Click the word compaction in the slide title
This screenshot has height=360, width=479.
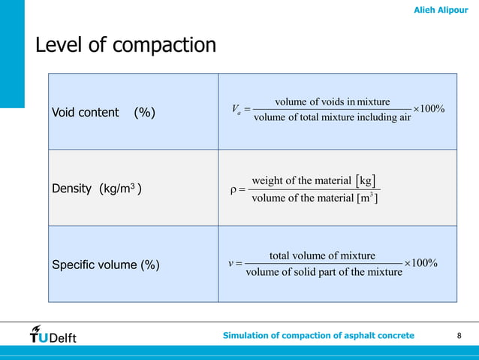[164, 46]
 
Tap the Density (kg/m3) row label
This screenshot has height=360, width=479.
[97, 189]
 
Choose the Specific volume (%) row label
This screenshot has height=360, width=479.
[104, 265]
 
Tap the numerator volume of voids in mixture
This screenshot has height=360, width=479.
[333, 101]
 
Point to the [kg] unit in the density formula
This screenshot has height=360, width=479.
[366, 180]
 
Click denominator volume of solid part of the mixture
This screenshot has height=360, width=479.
[324, 271]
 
